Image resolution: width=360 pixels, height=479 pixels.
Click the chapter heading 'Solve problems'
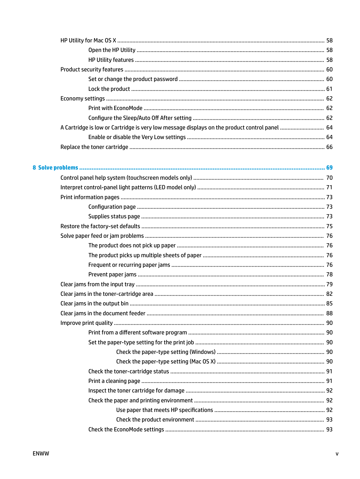click(58, 168)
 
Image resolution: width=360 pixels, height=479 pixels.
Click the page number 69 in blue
click(329, 168)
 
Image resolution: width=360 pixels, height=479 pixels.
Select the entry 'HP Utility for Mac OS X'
click(88, 40)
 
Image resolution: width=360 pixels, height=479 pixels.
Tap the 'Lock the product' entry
click(109, 89)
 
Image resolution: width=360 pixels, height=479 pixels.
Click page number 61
click(329, 89)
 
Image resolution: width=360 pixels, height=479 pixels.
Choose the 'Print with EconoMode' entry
click(115, 108)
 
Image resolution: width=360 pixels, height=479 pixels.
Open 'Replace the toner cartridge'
click(94, 147)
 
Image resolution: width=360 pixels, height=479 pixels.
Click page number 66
click(329, 147)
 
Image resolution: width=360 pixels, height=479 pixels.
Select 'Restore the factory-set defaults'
click(100, 226)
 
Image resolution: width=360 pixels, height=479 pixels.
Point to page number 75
click(329, 226)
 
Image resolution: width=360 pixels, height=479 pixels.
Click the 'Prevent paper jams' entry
click(112, 274)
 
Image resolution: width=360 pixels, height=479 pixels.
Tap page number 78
click(329, 274)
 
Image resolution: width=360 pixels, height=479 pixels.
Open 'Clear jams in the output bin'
click(94, 303)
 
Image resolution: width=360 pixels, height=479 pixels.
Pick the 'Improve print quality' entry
click(87, 323)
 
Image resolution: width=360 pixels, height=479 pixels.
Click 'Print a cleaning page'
click(114, 381)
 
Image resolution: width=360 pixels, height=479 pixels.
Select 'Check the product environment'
click(155, 419)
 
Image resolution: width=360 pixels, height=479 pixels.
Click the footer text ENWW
click(41, 453)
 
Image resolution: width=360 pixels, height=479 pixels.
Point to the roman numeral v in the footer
click(337, 454)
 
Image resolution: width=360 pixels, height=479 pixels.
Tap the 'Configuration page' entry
click(112, 207)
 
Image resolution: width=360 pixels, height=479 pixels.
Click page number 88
click(329, 313)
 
